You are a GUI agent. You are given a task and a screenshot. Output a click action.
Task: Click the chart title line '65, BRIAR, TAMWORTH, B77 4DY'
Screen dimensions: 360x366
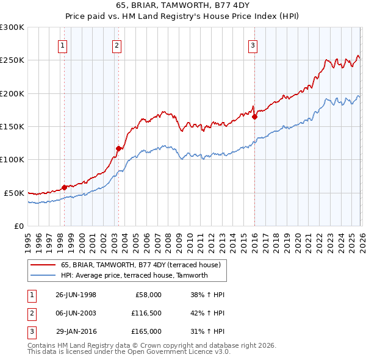[183, 7]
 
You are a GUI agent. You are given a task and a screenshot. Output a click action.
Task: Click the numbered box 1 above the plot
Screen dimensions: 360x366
[63, 45]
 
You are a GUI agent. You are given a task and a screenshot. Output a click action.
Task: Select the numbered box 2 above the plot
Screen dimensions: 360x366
[117, 45]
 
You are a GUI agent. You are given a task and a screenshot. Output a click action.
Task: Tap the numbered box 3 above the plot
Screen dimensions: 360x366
[253, 45]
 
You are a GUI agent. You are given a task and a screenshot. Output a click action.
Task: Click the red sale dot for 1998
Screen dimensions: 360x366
[64, 187]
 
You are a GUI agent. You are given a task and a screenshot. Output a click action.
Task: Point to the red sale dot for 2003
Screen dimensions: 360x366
[118, 148]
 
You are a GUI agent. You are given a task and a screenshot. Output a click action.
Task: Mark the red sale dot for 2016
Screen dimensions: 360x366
[254, 117]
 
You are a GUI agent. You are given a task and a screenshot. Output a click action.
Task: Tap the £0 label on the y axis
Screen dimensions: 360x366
[18, 226]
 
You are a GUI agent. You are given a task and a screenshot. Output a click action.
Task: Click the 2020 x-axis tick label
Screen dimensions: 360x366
[296, 240]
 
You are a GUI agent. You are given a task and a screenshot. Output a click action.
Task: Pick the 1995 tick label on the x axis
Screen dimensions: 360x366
[28, 240]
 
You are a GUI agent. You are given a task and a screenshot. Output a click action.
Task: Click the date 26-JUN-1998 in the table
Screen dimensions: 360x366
[76, 295]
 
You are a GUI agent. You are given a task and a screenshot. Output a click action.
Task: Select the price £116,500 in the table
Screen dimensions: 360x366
[146, 313]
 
